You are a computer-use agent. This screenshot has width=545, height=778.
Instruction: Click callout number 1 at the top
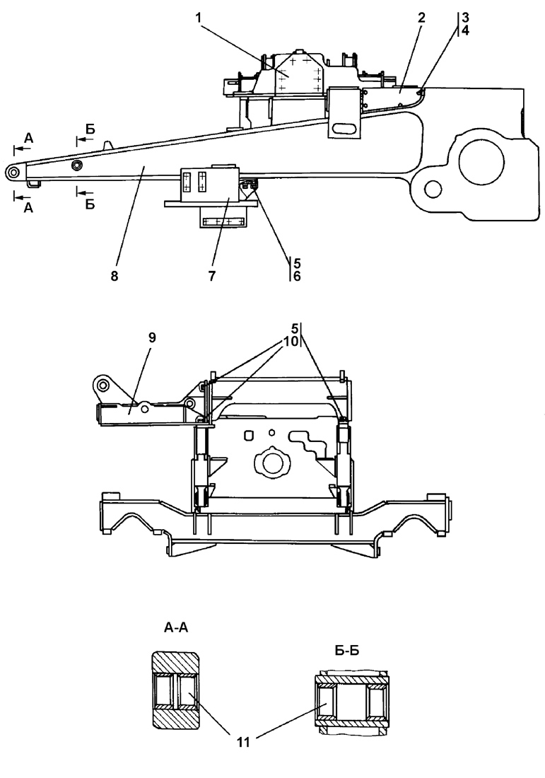(x=199, y=18)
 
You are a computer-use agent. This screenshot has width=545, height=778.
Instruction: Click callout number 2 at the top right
(x=421, y=18)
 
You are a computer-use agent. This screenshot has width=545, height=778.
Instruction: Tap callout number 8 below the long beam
(x=115, y=277)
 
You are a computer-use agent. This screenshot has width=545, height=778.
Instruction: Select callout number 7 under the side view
(x=212, y=277)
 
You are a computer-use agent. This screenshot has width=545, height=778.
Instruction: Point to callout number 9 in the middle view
(x=152, y=337)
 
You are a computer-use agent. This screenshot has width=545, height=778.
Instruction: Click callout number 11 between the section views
(x=243, y=742)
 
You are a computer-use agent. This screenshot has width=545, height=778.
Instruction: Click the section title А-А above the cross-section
(x=176, y=628)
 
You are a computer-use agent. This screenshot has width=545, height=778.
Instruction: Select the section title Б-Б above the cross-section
(x=346, y=651)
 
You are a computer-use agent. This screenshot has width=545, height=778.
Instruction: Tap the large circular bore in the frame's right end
(x=481, y=162)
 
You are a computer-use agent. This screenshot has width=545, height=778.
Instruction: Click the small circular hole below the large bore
(x=433, y=189)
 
